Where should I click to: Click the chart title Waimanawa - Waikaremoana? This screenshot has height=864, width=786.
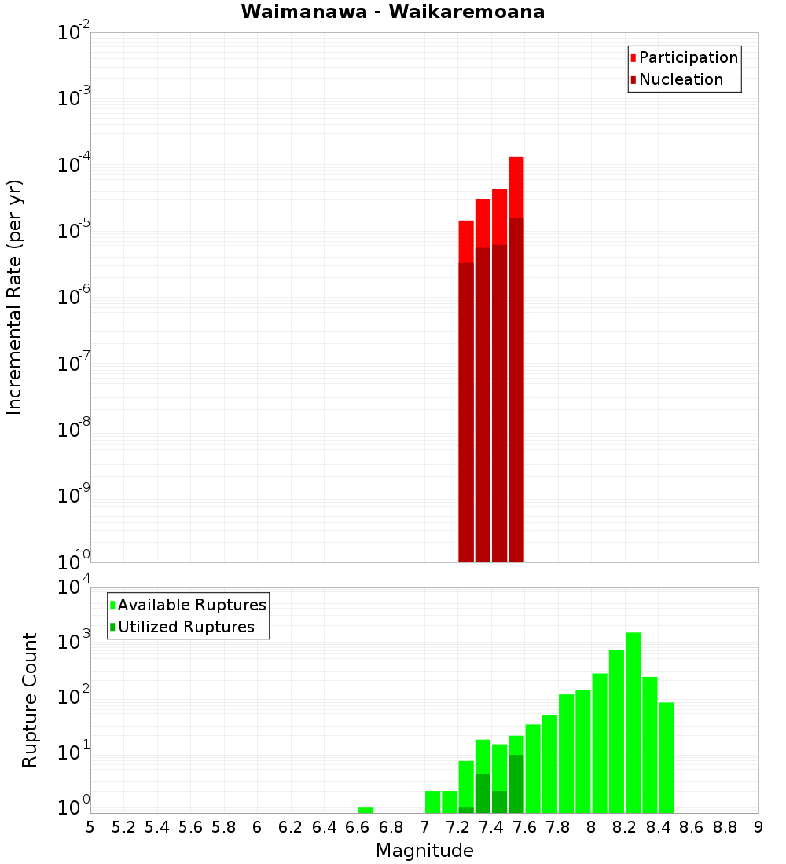[393, 12]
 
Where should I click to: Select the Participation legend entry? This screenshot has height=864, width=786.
[689, 57]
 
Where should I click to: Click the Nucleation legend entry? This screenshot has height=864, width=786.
[681, 79]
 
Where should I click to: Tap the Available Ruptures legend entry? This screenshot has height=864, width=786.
[192, 605]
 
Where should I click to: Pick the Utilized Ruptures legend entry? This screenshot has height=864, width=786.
[185, 627]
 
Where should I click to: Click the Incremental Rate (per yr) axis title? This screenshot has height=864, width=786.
[15, 297]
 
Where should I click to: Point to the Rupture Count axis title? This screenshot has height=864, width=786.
[30, 700]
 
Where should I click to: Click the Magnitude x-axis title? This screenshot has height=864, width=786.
[424, 851]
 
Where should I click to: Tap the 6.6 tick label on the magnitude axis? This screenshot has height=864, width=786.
[357, 827]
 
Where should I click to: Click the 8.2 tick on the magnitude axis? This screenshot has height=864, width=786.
[625, 827]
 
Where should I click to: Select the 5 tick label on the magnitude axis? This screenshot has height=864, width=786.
[90, 827]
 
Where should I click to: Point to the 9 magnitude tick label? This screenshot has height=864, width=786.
[758, 827]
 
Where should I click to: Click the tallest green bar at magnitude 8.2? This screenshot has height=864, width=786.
[633, 723]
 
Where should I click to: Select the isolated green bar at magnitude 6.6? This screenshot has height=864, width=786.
[365, 810]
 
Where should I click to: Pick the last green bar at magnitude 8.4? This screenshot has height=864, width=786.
[667, 757]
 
